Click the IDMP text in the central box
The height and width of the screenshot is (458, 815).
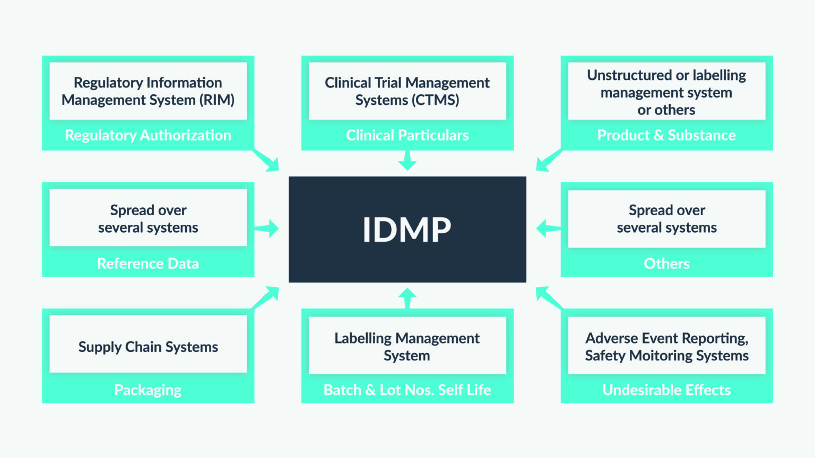coord(407,230)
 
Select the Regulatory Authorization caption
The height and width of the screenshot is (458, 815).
coord(148,135)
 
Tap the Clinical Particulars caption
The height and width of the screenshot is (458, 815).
coord(407,135)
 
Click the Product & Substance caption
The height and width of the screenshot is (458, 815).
coord(666,135)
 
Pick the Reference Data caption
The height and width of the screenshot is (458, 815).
coord(148,263)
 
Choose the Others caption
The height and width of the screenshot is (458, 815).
coord(666,263)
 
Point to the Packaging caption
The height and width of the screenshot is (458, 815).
coord(148,390)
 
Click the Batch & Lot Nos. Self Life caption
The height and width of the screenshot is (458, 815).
coord(407,390)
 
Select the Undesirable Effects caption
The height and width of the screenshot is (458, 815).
coord(666,390)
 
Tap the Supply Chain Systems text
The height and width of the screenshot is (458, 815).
coord(148,347)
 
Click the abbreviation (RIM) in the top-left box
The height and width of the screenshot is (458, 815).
coord(217,100)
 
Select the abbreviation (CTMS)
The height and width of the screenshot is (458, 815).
coord(435,100)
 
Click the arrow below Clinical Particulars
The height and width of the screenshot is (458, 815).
coord(407,161)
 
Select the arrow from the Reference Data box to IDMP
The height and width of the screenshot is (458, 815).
coord(267,228)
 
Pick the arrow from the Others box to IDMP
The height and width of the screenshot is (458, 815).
coord(547,228)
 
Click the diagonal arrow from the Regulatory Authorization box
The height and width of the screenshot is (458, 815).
coord(267,161)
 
